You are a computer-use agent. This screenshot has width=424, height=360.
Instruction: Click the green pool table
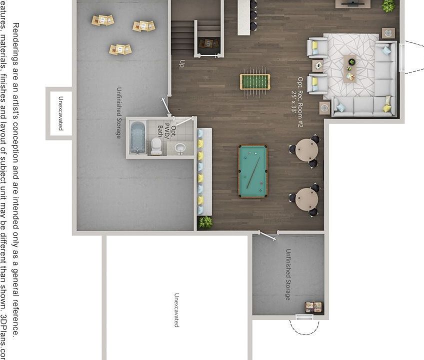252,171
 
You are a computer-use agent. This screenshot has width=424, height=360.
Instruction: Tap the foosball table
255,81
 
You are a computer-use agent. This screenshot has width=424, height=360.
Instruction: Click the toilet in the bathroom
156,145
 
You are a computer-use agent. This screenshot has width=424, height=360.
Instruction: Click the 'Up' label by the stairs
181,63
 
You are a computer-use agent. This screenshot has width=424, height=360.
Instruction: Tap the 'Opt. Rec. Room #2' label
297,95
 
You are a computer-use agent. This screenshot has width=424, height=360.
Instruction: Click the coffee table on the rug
350,66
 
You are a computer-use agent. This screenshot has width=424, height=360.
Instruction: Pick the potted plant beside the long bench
205,222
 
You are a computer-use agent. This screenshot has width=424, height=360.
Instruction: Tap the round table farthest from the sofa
306,199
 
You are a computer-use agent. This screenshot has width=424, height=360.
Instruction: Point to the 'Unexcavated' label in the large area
176,310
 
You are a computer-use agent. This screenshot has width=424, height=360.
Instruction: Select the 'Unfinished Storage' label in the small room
288,274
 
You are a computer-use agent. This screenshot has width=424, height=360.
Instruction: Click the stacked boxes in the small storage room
314,306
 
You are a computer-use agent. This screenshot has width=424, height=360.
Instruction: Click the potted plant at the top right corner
388,5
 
